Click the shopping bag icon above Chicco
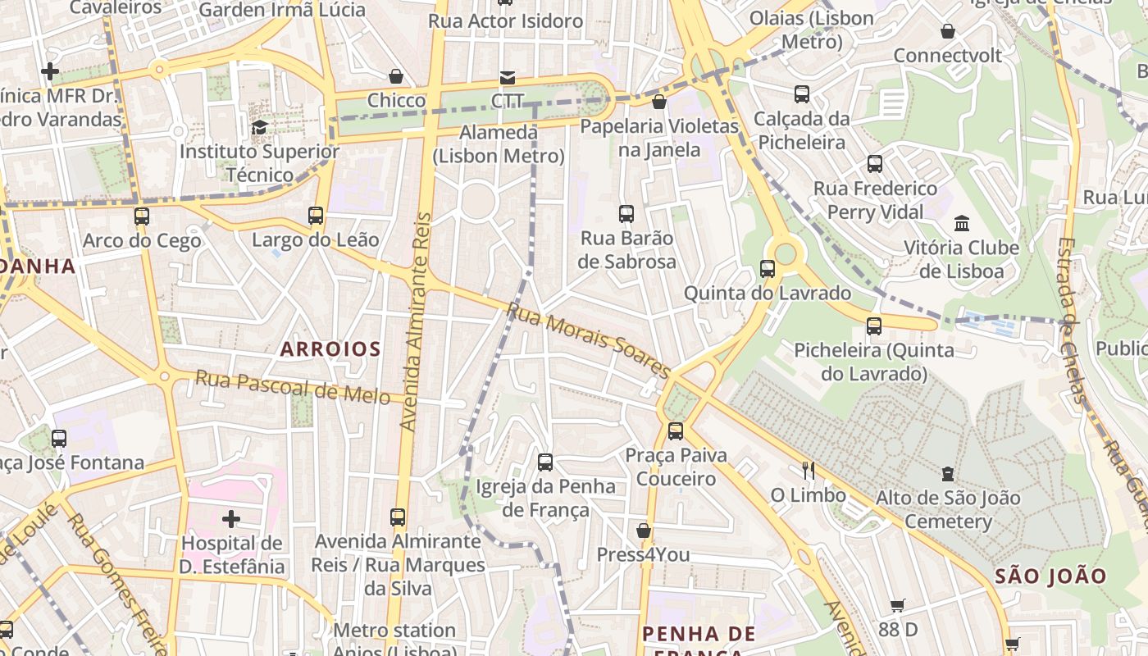(396, 76)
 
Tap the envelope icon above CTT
(508, 78)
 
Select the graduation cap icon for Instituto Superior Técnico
(259, 127)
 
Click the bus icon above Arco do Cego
(142, 216)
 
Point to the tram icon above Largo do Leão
(316, 216)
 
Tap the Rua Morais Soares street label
(589, 340)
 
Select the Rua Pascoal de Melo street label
(292, 386)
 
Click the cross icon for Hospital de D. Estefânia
(232, 518)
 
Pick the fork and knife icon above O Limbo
(809, 471)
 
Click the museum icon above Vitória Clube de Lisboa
(961, 223)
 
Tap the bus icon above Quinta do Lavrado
(768, 268)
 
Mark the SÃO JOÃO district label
(1051, 576)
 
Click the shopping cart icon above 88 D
(898, 605)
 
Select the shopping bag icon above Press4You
(644, 531)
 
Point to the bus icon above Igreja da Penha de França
(545, 462)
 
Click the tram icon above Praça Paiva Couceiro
(675, 430)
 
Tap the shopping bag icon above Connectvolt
(948, 31)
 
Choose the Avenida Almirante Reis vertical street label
(416, 321)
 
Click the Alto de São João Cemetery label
(948, 509)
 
